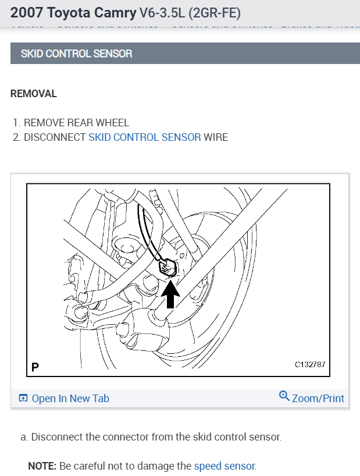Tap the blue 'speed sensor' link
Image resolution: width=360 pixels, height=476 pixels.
pyautogui.click(x=224, y=466)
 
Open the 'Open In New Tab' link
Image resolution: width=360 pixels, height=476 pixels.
pyautogui.click(x=70, y=399)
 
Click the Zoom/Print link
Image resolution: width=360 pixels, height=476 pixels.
pyautogui.click(x=318, y=399)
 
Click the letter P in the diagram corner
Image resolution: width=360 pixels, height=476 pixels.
pyautogui.click(x=35, y=367)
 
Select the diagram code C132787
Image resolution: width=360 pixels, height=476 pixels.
pyautogui.click(x=310, y=365)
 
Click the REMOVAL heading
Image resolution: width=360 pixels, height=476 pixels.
pyautogui.click(x=34, y=94)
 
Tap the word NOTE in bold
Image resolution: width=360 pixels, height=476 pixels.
pyautogui.click(x=42, y=466)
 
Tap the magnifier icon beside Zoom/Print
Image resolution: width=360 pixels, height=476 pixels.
pyautogui.click(x=284, y=396)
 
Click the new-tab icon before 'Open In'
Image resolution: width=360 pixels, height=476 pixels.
pyautogui.click(x=23, y=399)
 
